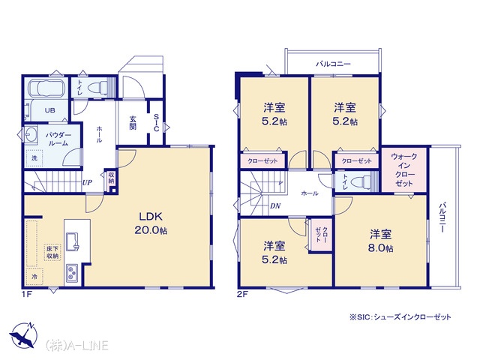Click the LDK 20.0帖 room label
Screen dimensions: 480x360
[x=151, y=223]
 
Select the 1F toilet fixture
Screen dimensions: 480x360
[x=97, y=87]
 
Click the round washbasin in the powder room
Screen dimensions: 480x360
[x=31, y=134]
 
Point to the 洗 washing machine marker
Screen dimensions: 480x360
[x=34, y=158]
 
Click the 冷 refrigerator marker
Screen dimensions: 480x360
[x=34, y=277]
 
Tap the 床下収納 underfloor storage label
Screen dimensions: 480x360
[x=52, y=252]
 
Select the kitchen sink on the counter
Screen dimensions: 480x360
[x=72, y=241]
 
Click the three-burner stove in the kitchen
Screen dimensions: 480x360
[x=72, y=273]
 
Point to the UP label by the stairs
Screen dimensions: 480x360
[x=87, y=183]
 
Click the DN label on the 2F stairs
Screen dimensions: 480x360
[x=275, y=206]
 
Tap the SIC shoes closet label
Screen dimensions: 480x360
[x=156, y=123]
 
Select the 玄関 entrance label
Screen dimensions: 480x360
[x=133, y=123]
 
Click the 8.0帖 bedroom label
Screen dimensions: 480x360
[x=380, y=241]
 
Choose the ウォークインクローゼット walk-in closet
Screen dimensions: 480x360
[x=403, y=170]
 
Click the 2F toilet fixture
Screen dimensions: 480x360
[x=360, y=182]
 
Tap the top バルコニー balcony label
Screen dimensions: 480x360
[x=333, y=64]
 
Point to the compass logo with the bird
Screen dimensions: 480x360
[x=23, y=336]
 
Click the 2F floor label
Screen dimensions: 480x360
[x=242, y=295]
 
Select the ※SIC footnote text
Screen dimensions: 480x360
[x=400, y=316]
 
